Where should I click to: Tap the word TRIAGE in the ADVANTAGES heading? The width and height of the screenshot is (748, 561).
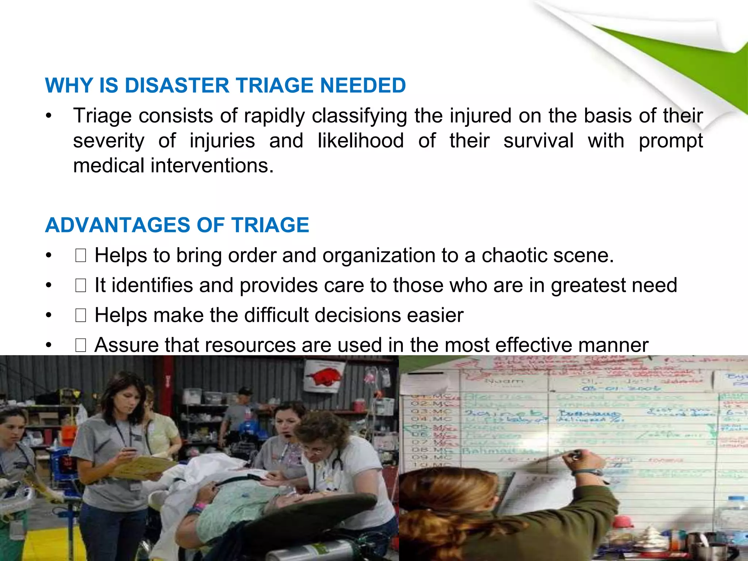click(x=270, y=225)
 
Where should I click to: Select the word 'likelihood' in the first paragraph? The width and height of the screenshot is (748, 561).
click(x=360, y=141)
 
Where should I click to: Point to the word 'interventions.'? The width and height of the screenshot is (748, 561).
click(x=212, y=166)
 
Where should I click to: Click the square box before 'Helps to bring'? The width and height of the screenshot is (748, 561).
click(x=80, y=256)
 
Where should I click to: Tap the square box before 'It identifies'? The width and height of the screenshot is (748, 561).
click(x=80, y=286)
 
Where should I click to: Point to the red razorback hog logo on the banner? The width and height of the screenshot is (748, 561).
click(x=321, y=376)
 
